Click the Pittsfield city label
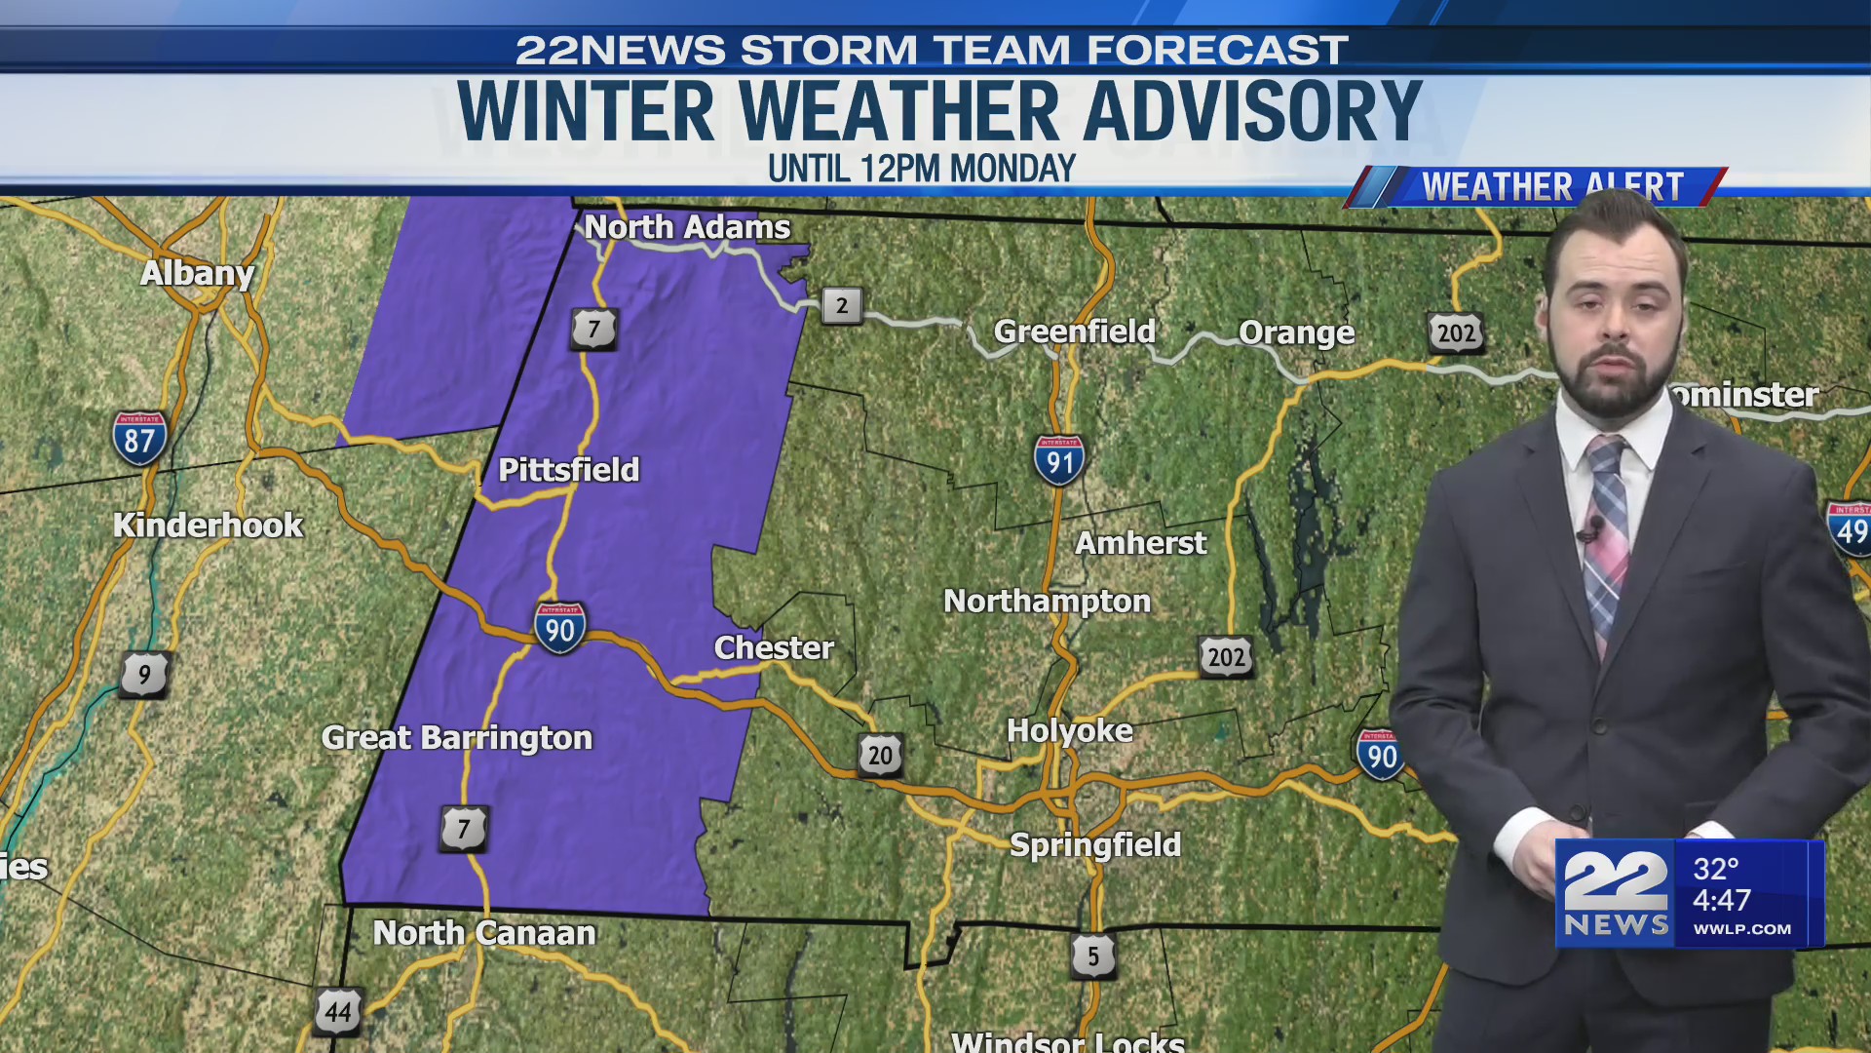(x=568, y=470)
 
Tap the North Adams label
(x=687, y=227)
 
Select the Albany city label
(x=197, y=273)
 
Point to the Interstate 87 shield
(x=139, y=439)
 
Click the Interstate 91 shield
(x=1059, y=461)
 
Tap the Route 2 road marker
(x=842, y=306)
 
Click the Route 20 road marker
(x=880, y=756)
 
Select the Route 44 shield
(x=338, y=1011)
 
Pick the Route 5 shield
(x=1092, y=956)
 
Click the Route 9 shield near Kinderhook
(x=145, y=675)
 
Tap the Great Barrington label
(x=457, y=738)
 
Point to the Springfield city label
(x=1095, y=844)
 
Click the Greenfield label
(x=1074, y=331)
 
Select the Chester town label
(x=774, y=647)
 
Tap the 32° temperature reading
(x=1716, y=869)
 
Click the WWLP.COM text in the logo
(x=1741, y=929)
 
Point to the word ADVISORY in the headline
(x=1252, y=111)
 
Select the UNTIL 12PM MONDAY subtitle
(x=921, y=169)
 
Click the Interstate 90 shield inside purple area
(x=560, y=629)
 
